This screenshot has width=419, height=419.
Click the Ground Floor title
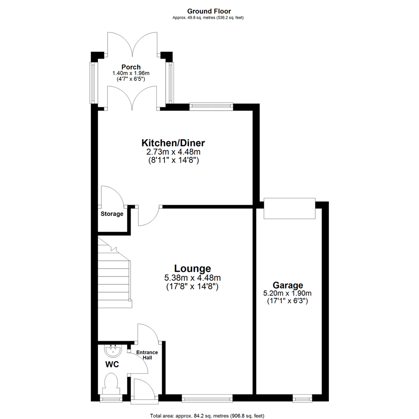pyautogui.click(x=209, y=12)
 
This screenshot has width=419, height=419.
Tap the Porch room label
pyautogui.click(x=131, y=67)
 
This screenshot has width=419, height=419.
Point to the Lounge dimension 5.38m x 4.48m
pyautogui.click(x=192, y=278)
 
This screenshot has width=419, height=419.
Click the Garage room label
pyautogui.click(x=287, y=286)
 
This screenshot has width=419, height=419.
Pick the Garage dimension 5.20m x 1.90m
pyautogui.click(x=287, y=293)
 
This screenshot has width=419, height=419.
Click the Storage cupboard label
pyautogui.click(x=112, y=214)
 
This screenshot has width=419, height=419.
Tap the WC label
pyautogui.click(x=112, y=365)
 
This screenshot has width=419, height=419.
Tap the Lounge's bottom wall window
pyautogui.click(x=207, y=398)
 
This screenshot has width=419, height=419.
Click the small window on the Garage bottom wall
pyautogui.click(x=302, y=398)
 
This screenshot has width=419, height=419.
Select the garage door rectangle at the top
pyautogui.click(x=289, y=208)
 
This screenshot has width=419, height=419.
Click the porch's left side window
pyautogui.click(x=93, y=83)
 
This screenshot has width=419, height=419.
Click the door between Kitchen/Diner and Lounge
pyautogui.click(x=149, y=216)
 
